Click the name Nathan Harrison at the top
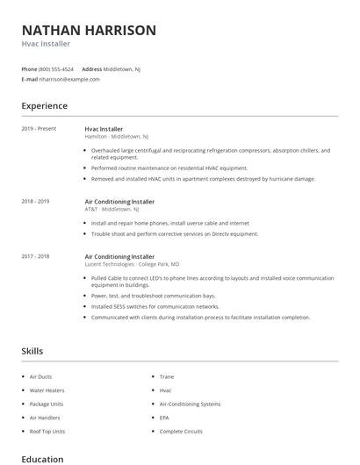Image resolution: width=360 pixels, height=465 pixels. (x=89, y=30)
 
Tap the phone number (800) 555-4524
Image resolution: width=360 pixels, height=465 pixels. (x=57, y=68)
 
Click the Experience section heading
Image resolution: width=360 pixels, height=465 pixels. (x=44, y=106)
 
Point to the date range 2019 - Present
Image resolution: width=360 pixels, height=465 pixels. (x=39, y=129)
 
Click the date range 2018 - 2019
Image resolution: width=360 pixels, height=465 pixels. (x=35, y=201)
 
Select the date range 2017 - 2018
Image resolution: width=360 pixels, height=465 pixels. (x=35, y=256)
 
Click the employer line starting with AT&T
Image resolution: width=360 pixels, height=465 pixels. (x=118, y=209)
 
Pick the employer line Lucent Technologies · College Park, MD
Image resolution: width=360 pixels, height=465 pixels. (x=133, y=264)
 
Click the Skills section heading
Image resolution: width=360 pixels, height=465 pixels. (x=32, y=351)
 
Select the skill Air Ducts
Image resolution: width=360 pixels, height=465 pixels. (x=40, y=376)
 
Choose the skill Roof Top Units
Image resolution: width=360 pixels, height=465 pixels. (x=47, y=432)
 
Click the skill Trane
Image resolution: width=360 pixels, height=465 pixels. (x=166, y=376)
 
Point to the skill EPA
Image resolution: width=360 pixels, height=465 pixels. (x=164, y=418)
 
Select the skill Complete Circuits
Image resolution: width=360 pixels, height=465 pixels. (x=181, y=432)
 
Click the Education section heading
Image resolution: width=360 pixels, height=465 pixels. (x=42, y=459)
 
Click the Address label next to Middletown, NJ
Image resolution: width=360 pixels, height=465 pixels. (x=91, y=68)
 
